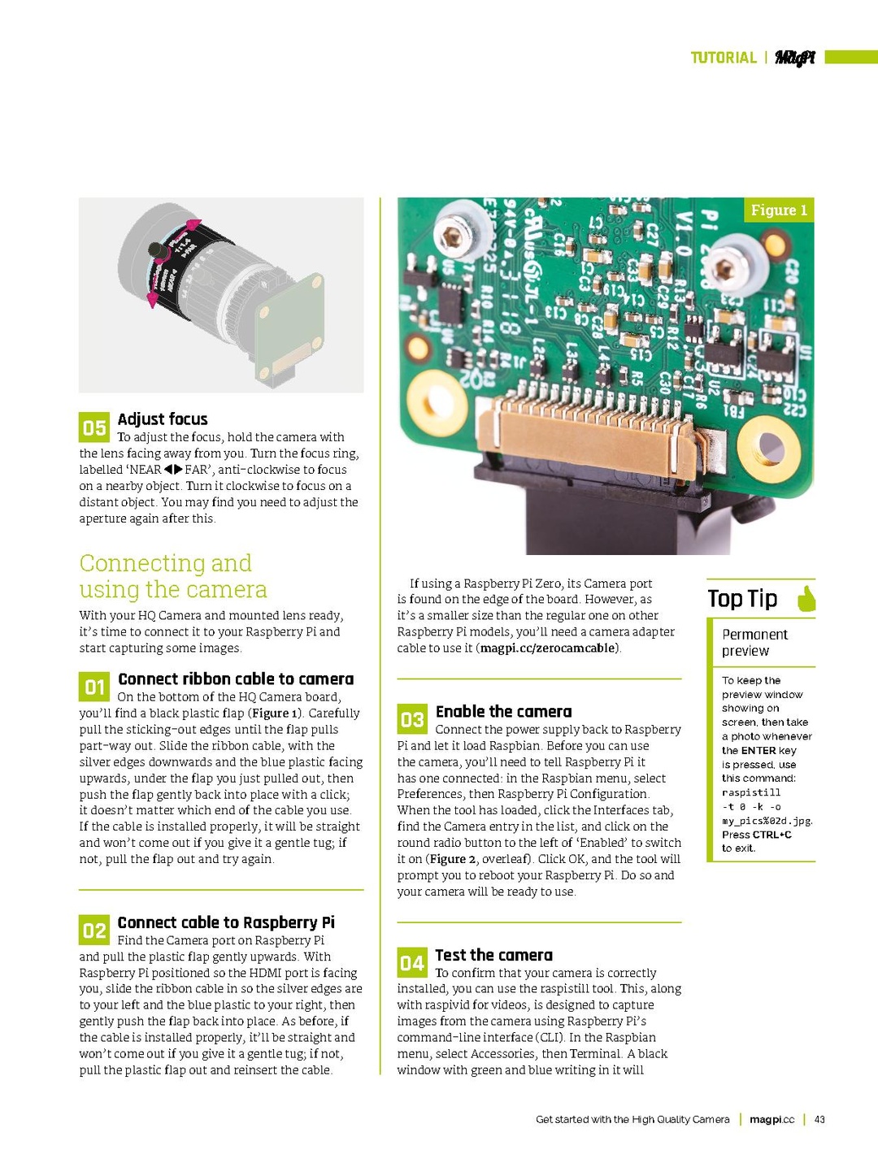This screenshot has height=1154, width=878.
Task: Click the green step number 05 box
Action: point(93,427)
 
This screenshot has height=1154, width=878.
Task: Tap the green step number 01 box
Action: point(94,688)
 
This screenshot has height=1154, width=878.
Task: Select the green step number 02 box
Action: point(94,931)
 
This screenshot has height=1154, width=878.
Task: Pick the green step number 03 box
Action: point(412,719)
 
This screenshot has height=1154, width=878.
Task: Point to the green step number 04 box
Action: point(412,963)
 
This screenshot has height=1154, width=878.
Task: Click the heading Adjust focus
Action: point(163,419)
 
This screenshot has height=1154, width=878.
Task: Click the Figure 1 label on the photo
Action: point(778,210)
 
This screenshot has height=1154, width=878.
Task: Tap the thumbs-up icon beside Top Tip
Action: point(806,599)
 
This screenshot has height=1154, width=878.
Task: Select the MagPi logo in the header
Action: point(794,58)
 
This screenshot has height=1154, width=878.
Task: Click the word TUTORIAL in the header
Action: point(723,58)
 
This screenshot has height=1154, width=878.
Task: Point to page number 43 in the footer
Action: point(819,1119)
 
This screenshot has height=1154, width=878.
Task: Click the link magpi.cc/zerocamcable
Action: point(549,649)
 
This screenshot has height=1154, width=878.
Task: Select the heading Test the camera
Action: point(493,956)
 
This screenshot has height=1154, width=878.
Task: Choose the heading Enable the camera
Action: point(503,712)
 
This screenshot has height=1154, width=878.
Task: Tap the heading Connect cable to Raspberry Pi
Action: point(226,922)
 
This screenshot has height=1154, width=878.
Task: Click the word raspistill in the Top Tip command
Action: point(750,792)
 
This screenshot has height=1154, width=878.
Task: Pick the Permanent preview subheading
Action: point(754,643)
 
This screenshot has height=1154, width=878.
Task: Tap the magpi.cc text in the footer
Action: point(772,1119)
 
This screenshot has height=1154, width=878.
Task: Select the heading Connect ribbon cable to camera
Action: point(236,679)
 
